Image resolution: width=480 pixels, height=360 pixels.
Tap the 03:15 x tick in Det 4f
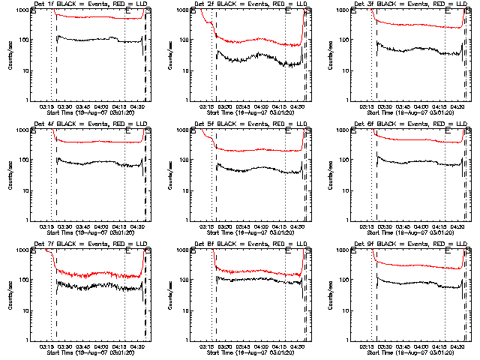click(46, 226)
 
